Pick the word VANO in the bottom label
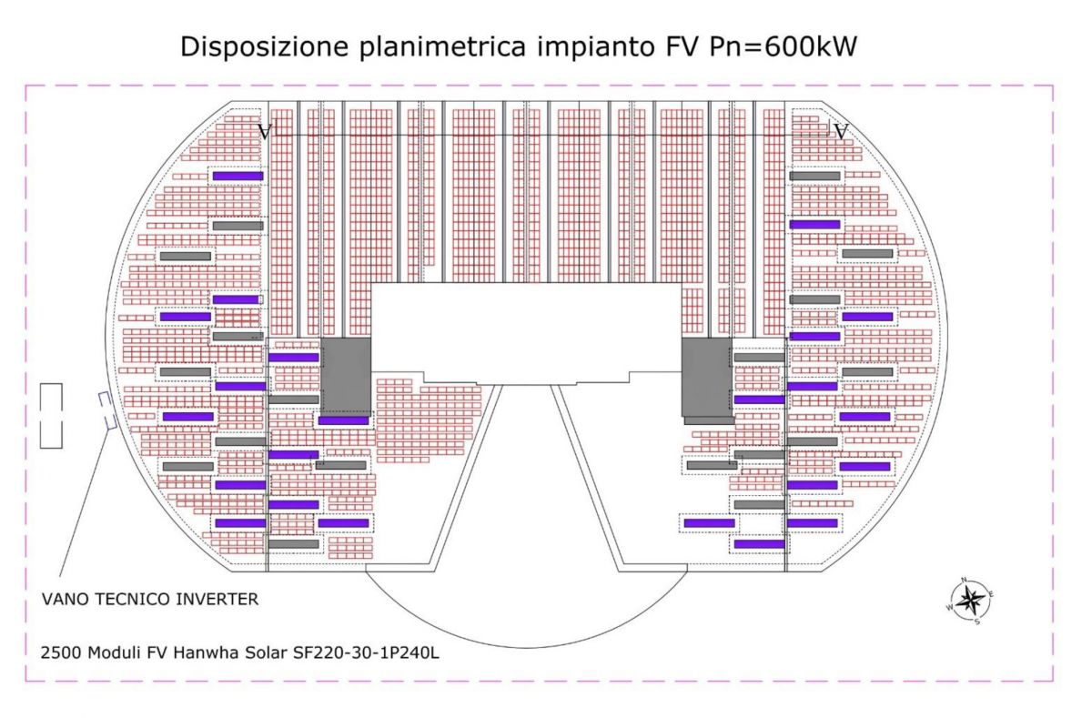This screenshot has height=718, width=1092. click(x=65, y=600)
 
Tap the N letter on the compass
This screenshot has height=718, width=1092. click(x=965, y=580)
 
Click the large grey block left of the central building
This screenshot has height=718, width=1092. click(x=346, y=376)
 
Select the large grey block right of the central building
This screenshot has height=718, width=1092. click(x=707, y=379)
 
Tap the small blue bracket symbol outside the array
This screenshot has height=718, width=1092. click(x=105, y=410)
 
